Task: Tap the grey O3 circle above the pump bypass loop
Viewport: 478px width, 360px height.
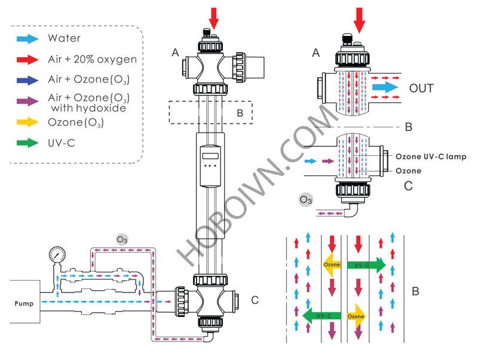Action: [121, 239]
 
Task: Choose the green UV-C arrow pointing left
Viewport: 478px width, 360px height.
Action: [320, 315]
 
